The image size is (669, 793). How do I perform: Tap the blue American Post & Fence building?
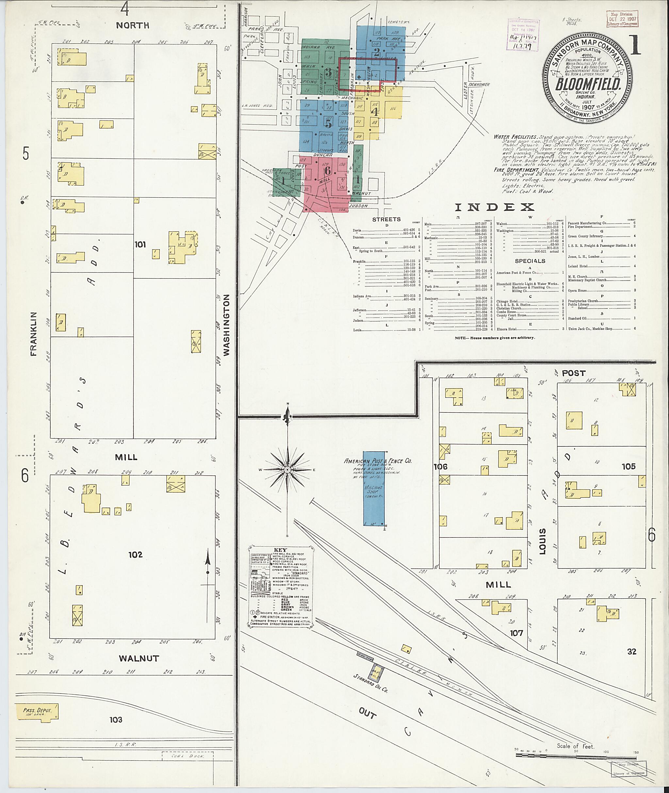coord(374,488)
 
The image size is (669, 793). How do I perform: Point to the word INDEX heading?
coord(494,207)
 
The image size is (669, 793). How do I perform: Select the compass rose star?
coord(287,470)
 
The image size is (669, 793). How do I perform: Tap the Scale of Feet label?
coord(575,746)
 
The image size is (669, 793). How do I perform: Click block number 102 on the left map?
coord(135,555)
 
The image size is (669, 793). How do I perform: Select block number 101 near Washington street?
coord(140,245)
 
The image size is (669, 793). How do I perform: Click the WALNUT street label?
coord(139,658)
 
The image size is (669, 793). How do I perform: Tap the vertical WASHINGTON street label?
coord(227,325)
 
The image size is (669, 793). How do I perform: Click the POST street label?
coord(573,373)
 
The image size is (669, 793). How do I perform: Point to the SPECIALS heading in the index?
coord(530,261)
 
